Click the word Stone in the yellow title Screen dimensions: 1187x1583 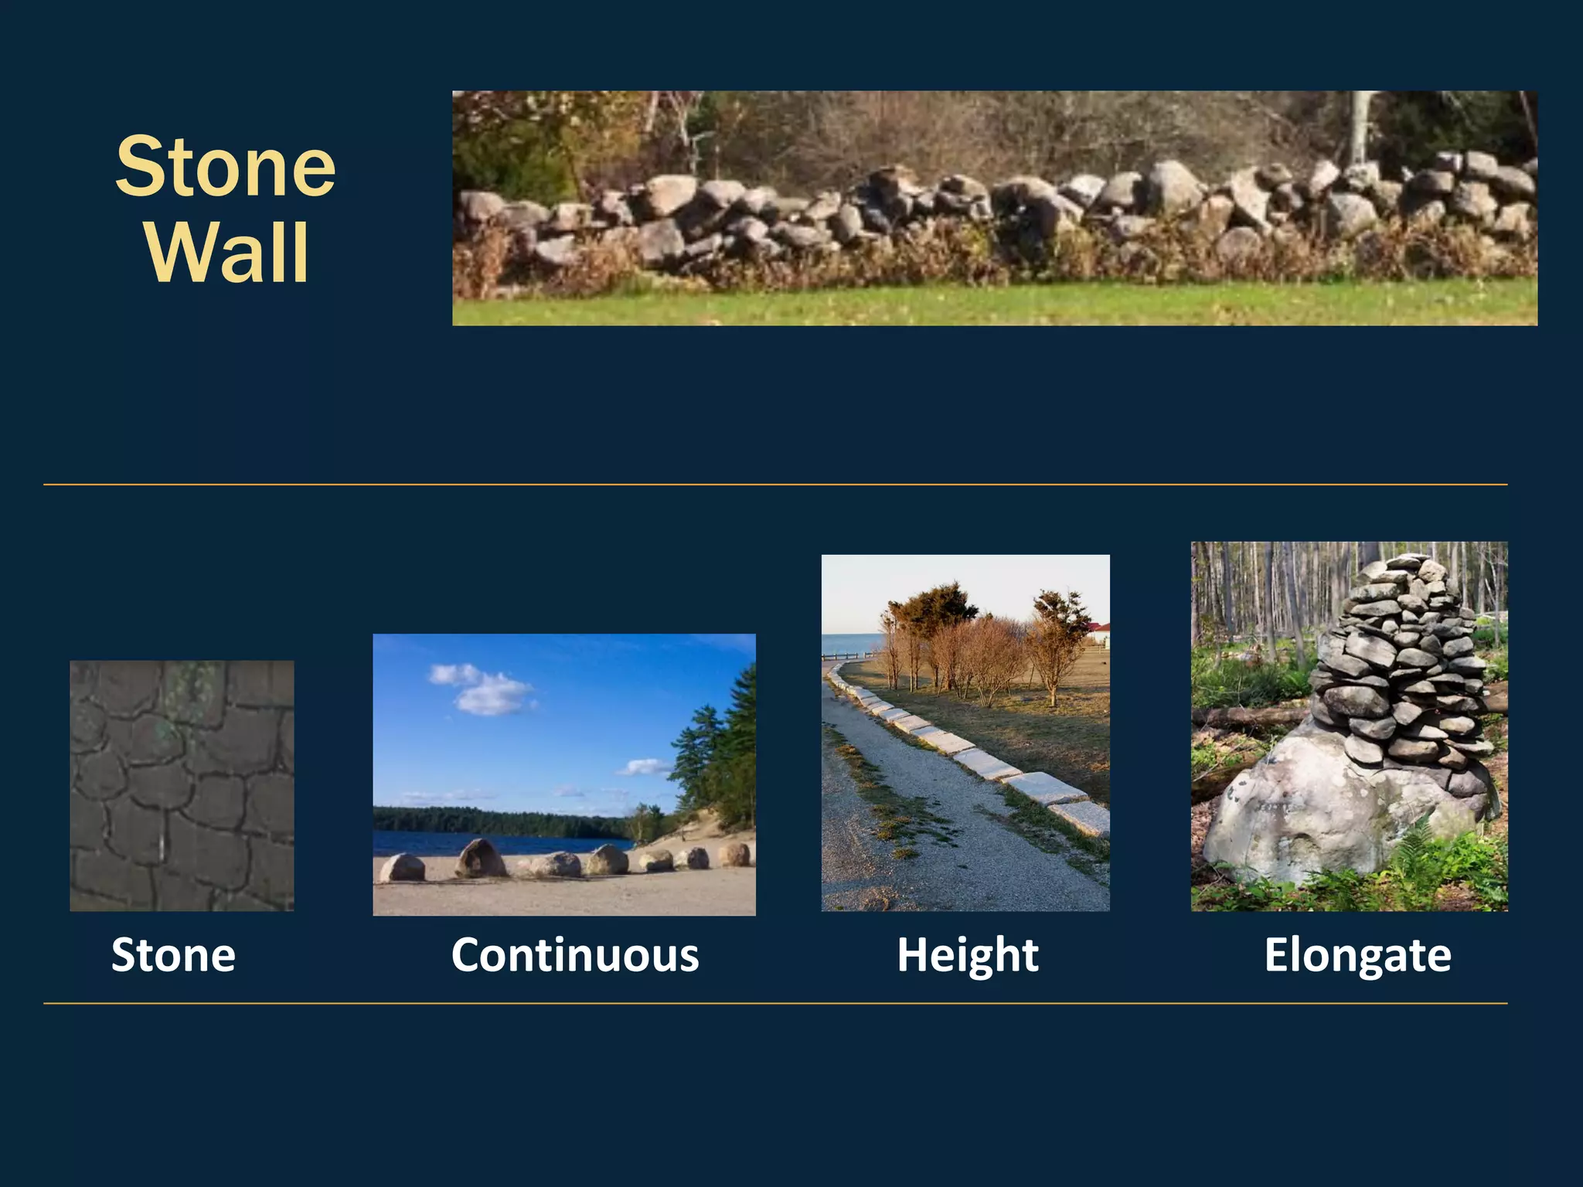226,167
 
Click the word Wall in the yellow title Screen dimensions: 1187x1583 227,253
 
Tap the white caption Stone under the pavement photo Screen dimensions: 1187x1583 173,955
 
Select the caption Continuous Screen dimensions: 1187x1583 575,955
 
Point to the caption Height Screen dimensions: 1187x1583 967,955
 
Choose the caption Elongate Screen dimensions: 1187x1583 1357,955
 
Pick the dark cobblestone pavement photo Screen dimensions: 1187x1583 182,785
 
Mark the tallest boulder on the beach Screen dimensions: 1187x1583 480,858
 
